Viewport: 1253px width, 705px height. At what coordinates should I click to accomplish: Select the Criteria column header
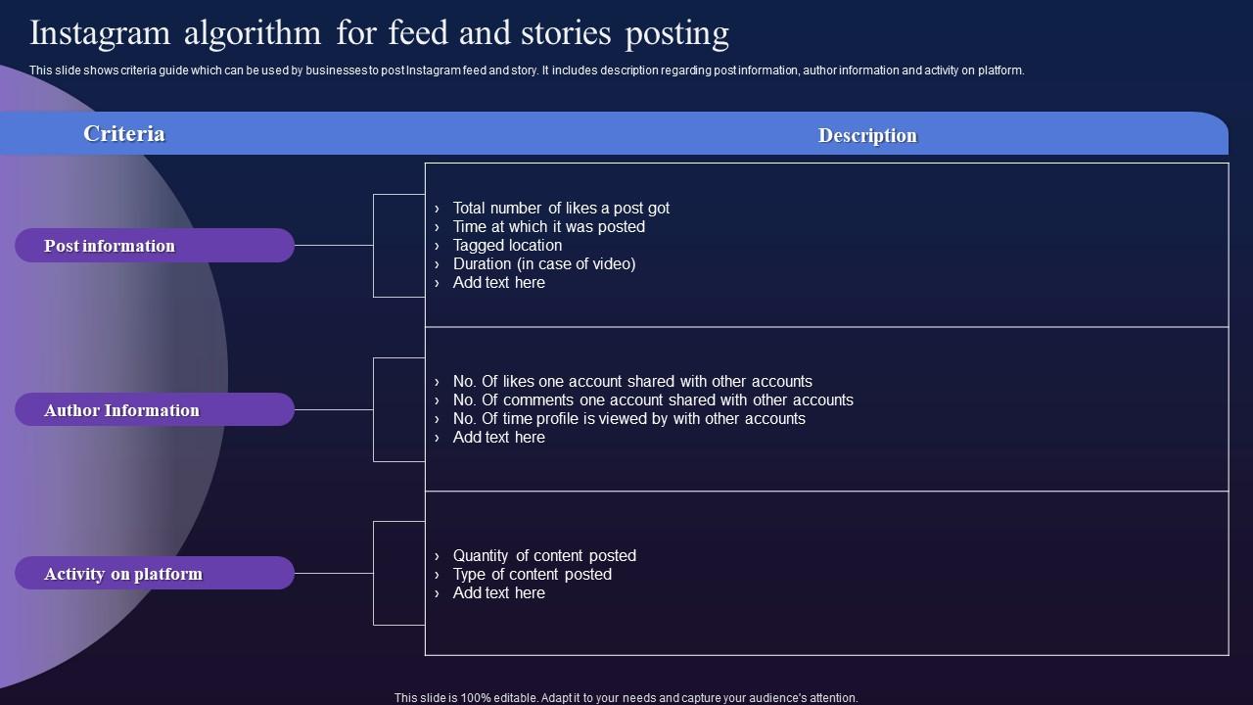123,134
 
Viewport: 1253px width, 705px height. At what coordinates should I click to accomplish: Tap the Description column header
867,136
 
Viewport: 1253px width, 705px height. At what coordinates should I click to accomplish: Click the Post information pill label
110,246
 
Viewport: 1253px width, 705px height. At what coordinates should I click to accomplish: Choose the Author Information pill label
121,410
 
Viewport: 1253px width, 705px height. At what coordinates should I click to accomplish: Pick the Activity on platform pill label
123,574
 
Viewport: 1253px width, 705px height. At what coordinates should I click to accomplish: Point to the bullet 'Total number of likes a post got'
561,208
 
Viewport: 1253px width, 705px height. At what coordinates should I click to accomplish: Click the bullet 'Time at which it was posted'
548,226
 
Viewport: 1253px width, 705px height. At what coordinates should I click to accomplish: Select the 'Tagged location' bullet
507,245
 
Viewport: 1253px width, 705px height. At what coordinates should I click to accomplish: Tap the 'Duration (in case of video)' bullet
544,263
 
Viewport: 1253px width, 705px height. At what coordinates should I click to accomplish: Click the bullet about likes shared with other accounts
632,381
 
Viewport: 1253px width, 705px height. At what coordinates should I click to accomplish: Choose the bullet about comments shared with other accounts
653,399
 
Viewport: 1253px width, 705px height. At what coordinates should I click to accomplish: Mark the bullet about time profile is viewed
628,418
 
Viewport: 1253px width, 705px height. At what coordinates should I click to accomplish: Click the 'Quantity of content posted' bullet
544,555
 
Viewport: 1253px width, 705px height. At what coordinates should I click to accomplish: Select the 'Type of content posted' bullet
532,574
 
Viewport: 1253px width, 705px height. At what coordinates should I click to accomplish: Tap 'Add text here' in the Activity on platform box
498,592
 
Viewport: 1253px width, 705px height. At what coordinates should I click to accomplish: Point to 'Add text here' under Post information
498,282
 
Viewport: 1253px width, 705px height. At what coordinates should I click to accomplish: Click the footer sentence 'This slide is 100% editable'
626,698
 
